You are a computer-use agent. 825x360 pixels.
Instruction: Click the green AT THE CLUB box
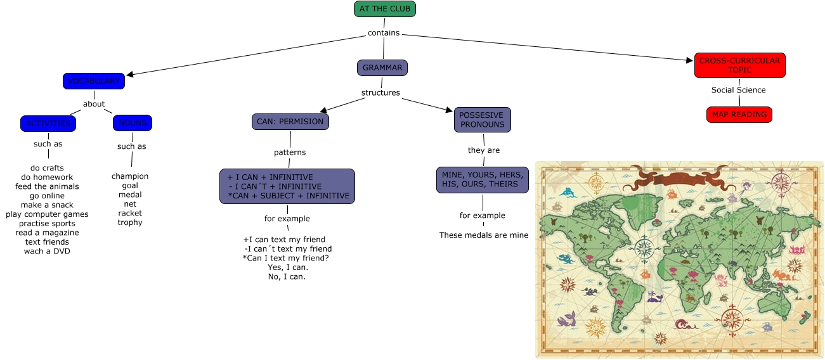click(x=385, y=9)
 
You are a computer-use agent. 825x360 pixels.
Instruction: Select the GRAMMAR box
click(x=382, y=68)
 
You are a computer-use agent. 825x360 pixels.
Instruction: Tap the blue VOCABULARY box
click(x=94, y=81)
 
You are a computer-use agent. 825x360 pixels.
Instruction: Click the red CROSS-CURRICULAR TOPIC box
click(x=739, y=65)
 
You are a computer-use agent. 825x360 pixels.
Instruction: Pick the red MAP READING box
click(x=739, y=115)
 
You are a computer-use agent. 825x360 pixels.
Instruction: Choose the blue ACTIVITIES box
click(x=48, y=123)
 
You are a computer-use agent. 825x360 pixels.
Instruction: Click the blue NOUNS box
click(x=133, y=123)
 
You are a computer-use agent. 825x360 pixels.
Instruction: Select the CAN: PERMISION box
click(x=290, y=122)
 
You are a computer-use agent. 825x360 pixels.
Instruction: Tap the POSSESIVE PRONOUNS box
click(x=482, y=120)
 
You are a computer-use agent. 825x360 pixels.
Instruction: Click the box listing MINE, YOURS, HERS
click(x=483, y=179)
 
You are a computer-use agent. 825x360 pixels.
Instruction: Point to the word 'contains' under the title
click(x=384, y=33)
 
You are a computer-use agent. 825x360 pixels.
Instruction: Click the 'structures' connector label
click(x=380, y=93)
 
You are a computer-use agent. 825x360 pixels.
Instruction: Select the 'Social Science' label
click(x=738, y=90)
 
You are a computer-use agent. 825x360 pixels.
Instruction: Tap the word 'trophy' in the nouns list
click(x=130, y=222)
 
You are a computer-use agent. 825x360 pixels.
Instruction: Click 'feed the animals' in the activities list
click(x=48, y=186)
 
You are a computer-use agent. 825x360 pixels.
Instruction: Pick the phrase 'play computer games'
click(x=48, y=214)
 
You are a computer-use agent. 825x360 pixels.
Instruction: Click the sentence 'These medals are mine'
click(x=484, y=235)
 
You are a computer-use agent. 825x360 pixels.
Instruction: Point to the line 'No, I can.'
click(x=287, y=276)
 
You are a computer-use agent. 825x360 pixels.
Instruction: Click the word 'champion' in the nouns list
click(x=130, y=176)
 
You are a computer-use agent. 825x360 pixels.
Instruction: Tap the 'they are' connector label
click(x=484, y=150)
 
